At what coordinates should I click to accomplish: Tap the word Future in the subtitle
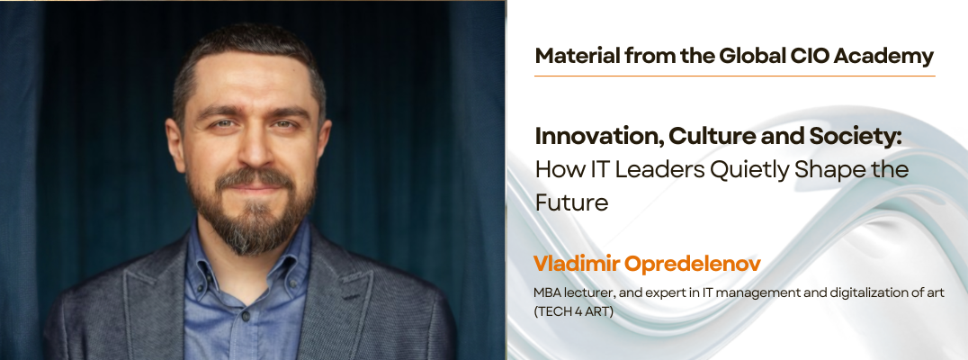[571, 202]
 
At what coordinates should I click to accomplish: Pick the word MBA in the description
[547, 292]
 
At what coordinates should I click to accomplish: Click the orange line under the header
[734, 76]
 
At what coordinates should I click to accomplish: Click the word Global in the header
[749, 56]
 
